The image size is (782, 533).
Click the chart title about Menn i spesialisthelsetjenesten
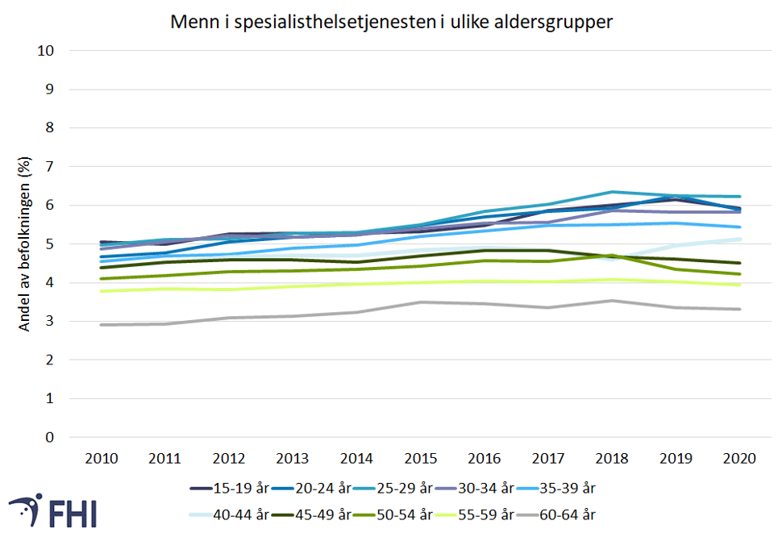click(x=391, y=22)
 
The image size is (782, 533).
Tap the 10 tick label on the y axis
click(x=46, y=50)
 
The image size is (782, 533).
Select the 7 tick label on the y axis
click(x=50, y=166)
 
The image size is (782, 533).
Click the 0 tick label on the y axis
click(x=50, y=437)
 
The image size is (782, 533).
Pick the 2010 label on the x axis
click(x=101, y=458)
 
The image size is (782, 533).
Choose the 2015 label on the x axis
click(x=420, y=458)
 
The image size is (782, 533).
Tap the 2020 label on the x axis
click(x=739, y=458)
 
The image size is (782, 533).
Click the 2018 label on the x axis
click(x=612, y=458)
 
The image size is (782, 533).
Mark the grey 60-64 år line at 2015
click(x=420, y=302)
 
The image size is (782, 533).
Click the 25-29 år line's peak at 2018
click(x=612, y=192)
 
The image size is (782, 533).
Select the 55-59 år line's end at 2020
click(x=739, y=285)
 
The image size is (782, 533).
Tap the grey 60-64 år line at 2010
click(x=101, y=325)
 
